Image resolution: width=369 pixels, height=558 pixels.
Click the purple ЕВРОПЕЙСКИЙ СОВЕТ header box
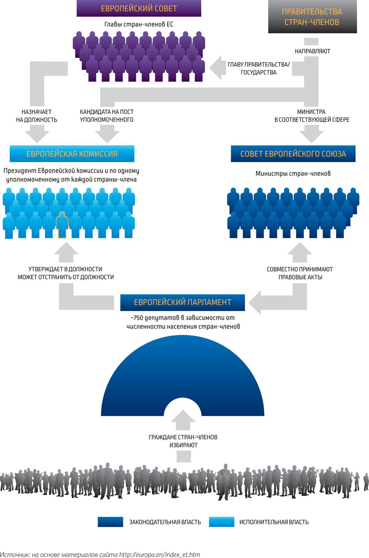pyautogui.click(x=139, y=8)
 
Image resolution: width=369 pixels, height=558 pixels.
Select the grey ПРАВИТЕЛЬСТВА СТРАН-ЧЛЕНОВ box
pyautogui.click(x=312, y=17)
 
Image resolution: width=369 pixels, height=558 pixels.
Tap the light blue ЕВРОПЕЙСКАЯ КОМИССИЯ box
pyautogui.click(x=72, y=154)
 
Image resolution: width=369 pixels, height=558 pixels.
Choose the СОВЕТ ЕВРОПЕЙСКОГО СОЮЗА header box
pyautogui.click(x=293, y=154)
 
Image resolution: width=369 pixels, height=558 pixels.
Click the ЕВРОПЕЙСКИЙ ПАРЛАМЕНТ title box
pyautogui.click(x=182, y=303)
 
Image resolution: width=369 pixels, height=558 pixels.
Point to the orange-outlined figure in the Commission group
pyautogui.click(x=62, y=225)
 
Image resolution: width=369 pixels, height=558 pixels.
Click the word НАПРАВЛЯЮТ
pyautogui.click(x=312, y=51)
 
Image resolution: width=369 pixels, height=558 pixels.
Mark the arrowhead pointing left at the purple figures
pyautogui.click(x=215, y=68)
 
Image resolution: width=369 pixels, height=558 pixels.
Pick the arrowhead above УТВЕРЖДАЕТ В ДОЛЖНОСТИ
pyautogui.click(x=66, y=252)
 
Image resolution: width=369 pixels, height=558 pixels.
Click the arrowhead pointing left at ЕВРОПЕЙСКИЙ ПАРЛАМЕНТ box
pyautogui.click(x=255, y=303)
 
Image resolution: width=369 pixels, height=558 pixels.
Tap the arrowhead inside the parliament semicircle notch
pyautogui.click(x=183, y=420)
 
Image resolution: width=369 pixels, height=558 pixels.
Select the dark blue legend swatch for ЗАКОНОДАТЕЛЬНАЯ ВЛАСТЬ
pyautogui.click(x=110, y=522)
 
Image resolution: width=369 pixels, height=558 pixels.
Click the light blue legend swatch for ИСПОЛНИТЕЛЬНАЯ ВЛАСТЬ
pyautogui.click(x=221, y=522)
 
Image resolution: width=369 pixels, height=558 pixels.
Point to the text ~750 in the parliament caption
pyautogui.click(x=137, y=318)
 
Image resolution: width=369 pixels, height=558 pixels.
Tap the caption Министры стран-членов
pyautogui.click(x=293, y=173)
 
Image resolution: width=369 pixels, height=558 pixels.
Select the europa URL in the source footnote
pyautogui.click(x=160, y=554)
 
